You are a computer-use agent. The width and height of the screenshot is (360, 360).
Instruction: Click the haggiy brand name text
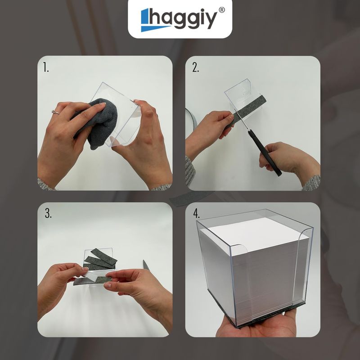click(183, 19)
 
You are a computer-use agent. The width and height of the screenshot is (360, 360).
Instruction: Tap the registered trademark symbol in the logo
click(221, 10)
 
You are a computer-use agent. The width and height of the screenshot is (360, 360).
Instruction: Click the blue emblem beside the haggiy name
click(152, 20)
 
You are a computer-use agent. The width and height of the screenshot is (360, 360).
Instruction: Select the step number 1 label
click(46, 67)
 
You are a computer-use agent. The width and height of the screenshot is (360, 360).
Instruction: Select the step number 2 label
click(195, 67)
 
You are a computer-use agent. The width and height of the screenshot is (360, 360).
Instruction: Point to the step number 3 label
click(48, 213)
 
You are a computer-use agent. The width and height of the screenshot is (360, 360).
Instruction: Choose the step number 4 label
click(196, 214)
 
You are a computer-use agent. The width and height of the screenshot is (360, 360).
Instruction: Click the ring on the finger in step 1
click(56, 112)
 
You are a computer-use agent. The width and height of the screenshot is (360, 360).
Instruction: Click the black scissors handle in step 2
click(264, 153)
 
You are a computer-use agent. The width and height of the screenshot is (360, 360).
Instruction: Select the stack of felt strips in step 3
click(100, 260)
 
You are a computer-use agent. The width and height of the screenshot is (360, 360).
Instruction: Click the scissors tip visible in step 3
click(146, 265)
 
